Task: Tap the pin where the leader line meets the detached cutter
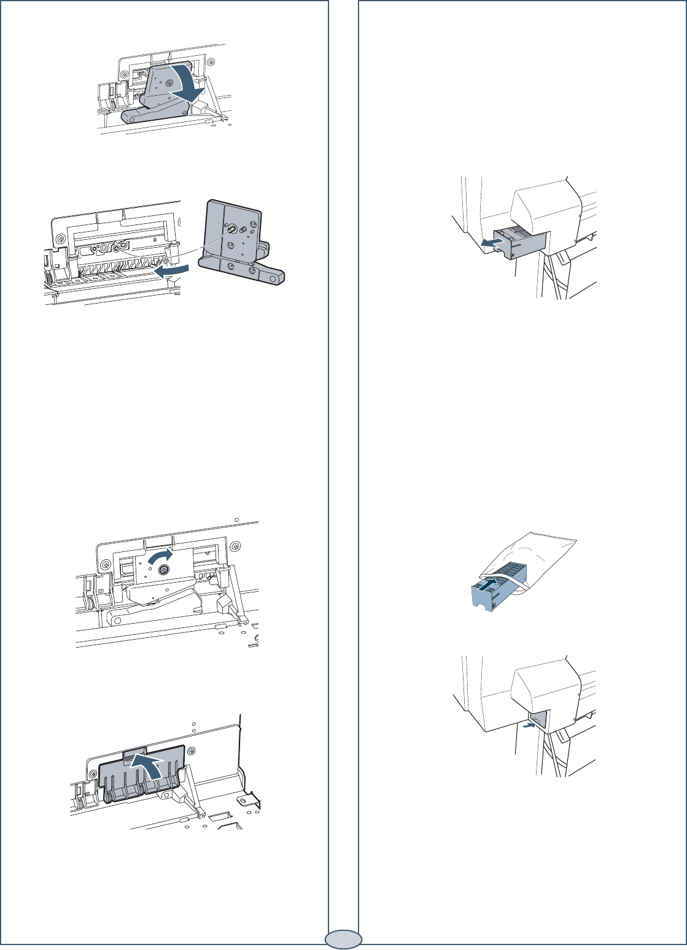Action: coord(232,228)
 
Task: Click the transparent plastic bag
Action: coord(540,558)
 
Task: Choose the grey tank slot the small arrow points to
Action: coord(538,720)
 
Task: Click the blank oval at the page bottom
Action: coord(343,938)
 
